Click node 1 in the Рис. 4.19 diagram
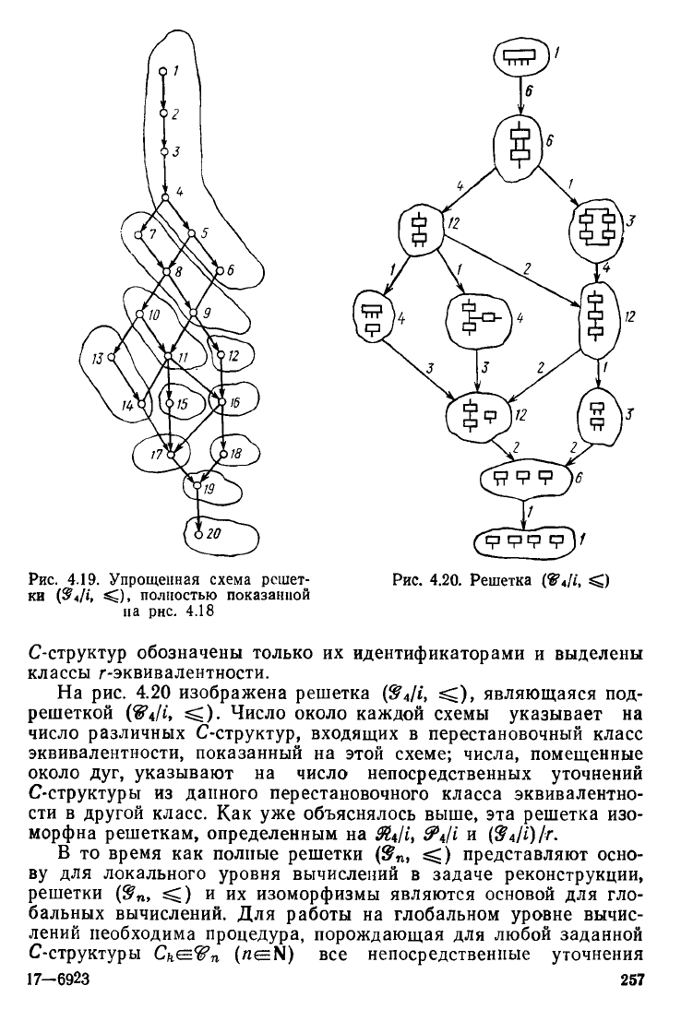point(162,71)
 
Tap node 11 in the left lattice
point(168,354)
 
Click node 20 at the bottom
point(197,532)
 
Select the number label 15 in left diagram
point(182,404)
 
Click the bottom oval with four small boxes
point(523,540)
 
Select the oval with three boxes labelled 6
point(523,477)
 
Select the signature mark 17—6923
point(58,1003)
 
